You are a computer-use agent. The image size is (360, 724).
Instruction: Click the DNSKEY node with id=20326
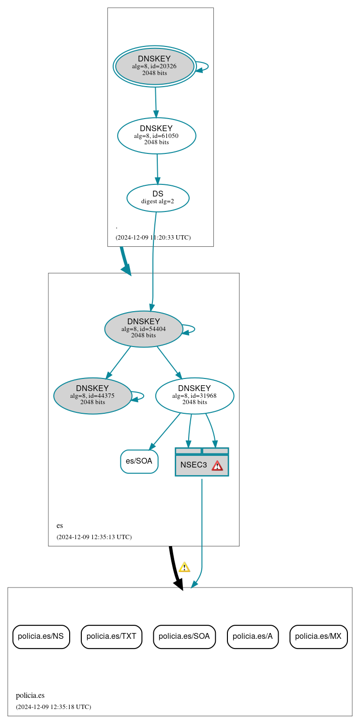155,66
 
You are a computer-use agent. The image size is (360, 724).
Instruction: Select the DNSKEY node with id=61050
156,136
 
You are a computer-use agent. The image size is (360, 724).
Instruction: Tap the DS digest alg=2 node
158,197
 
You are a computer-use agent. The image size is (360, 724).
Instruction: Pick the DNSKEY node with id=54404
144,329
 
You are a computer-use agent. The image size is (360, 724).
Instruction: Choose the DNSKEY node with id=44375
92,395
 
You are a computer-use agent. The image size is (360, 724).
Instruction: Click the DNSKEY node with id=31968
195,395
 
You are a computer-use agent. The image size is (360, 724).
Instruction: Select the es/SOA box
139,461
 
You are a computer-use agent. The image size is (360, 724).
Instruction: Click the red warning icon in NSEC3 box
217,465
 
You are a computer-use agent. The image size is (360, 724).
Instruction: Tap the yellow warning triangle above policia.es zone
184,567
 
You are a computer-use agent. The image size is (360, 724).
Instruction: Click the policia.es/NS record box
41,636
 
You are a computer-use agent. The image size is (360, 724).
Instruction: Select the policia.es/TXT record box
111,636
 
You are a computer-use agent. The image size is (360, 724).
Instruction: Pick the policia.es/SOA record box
184,636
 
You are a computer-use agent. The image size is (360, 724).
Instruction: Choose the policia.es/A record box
253,636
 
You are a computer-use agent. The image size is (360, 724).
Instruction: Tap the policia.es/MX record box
318,636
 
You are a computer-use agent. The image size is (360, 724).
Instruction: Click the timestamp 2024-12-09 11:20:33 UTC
153,238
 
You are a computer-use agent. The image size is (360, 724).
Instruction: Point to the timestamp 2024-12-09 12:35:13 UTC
94,537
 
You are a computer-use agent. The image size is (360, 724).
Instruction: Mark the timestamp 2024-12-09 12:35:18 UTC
53,707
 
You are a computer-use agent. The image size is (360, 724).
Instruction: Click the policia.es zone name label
30,695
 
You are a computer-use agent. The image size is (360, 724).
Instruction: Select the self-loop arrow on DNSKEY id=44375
140,396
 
